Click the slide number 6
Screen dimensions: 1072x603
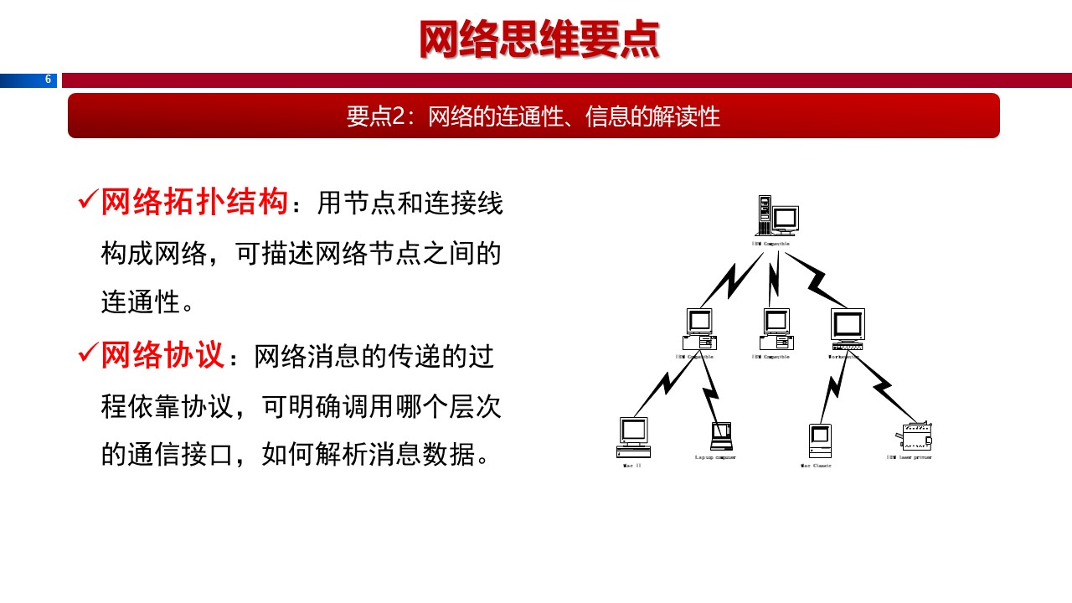[x=48, y=80]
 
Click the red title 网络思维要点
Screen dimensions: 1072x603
[x=539, y=40]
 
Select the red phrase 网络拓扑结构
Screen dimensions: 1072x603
[x=194, y=203]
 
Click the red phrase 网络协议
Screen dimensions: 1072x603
[x=163, y=355]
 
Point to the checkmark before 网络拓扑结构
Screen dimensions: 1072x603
[x=87, y=201]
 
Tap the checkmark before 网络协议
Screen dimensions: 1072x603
[x=87, y=353]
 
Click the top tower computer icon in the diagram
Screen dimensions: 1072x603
[x=776, y=216]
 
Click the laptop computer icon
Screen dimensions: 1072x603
[x=720, y=436]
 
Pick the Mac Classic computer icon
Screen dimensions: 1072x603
[x=819, y=441]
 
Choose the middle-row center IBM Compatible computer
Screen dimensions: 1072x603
[x=776, y=328]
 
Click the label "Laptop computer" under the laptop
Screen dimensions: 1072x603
[x=715, y=457]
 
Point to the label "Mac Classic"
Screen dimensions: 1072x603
[x=816, y=466]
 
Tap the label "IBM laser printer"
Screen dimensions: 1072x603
[x=909, y=457]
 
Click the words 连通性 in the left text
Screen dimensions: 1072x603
[x=141, y=301]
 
